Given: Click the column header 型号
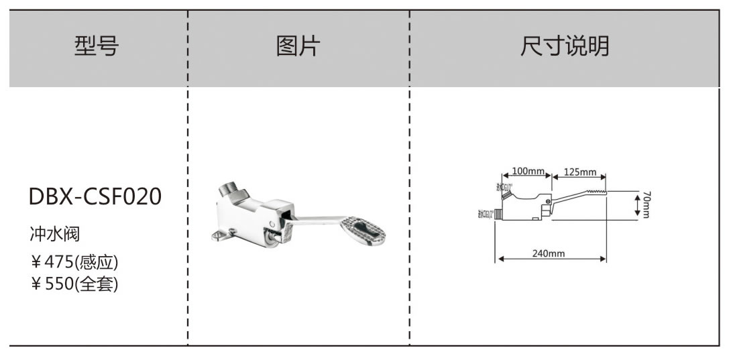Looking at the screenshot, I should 97,47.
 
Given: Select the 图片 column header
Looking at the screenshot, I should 298,47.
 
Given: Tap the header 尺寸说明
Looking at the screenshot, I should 565,47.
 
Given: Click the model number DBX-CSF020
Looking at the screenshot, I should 95,197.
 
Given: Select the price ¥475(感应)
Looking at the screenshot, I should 74,261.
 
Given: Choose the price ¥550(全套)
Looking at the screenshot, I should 74,284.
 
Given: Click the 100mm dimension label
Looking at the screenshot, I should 528,171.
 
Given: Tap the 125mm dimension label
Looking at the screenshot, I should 579,172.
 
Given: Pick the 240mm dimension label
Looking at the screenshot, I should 549,253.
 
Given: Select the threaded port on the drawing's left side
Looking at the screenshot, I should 498,215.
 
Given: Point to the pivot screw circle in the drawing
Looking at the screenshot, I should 548,201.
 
